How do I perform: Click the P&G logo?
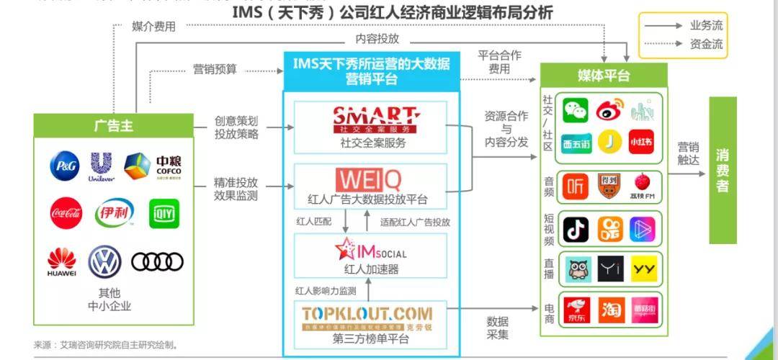click(63, 166)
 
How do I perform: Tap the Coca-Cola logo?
click(66, 213)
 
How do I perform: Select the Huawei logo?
click(62, 262)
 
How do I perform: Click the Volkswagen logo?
click(104, 262)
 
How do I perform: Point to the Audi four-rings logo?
click(157, 262)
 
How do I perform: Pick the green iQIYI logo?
click(164, 213)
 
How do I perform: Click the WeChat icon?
click(576, 110)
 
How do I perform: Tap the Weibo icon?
click(609, 110)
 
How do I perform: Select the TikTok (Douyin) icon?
click(576, 230)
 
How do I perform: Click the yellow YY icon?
click(643, 269)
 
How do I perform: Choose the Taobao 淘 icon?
click(609, 309)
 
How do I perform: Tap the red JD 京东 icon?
click(576, 309)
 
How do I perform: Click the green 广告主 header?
click(114, 125)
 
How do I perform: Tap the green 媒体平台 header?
click(604, 76)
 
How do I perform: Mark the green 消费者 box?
click(723, 170)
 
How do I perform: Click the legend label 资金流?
click(706, 44)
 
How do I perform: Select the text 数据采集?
click(497, 328)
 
